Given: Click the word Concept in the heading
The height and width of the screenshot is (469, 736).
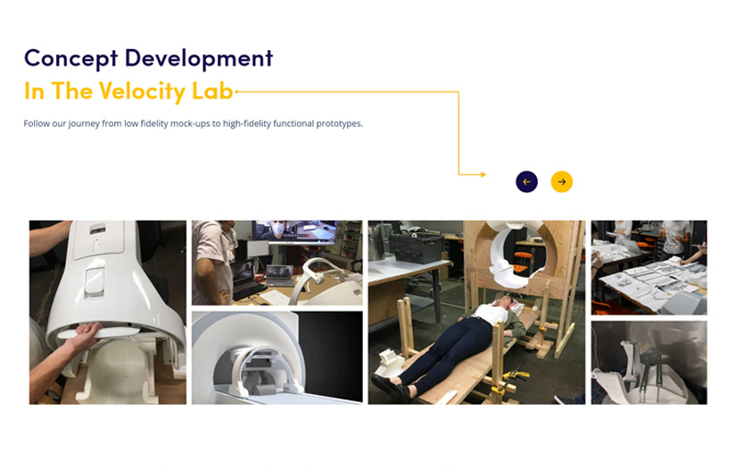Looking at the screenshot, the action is [x=70, y=59].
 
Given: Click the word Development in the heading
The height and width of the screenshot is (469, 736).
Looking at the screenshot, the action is [x=199, y=59].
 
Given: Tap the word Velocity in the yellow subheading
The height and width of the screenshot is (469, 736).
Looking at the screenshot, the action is [x=142, y=91].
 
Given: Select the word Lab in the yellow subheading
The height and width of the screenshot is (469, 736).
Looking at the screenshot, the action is [x=212, y=91].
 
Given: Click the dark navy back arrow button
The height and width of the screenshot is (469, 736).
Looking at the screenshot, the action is [x=526, y=182].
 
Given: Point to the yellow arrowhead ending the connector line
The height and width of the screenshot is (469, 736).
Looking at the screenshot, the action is [x=483, y=174].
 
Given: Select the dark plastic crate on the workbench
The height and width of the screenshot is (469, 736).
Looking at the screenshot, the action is [x=417, y=247].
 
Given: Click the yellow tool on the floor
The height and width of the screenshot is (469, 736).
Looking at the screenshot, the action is [x=517, y=376].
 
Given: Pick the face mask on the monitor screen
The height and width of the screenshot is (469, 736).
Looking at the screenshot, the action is [x=278, y=229].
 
